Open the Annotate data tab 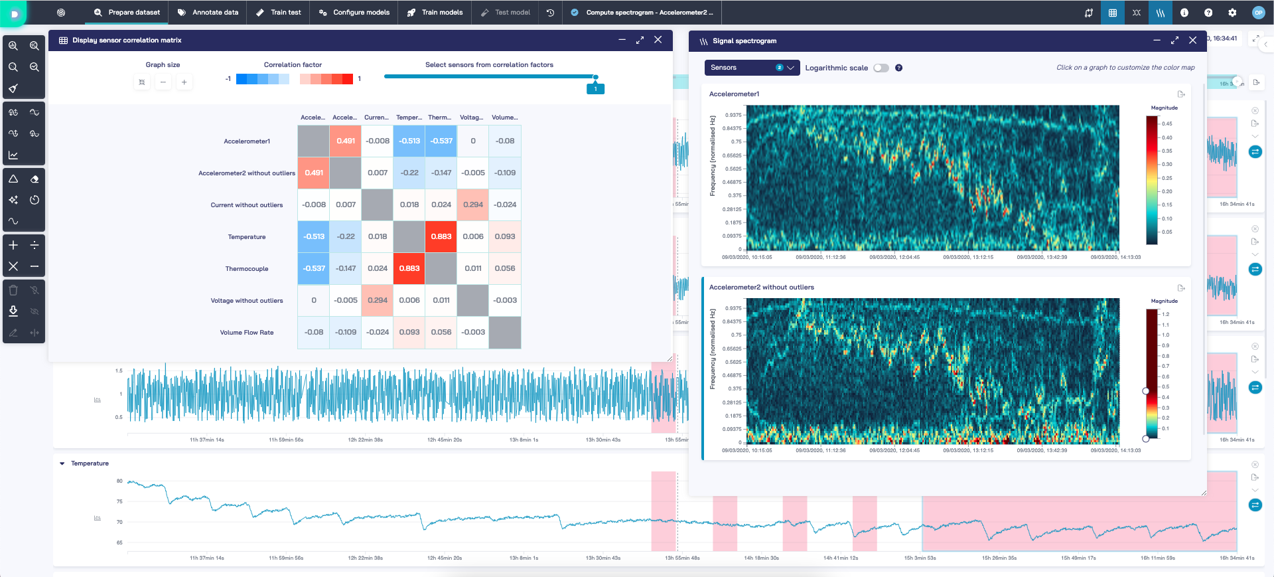(208, 13)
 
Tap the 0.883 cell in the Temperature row (441, 236)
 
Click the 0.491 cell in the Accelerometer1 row (346, 141)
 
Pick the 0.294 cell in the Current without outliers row (473, 205)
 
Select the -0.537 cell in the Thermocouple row (314, 268)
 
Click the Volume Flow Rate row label (247, 333)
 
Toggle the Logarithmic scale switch (881, 68)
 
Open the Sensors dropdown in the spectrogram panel (752, 68)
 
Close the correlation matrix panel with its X (658, 40)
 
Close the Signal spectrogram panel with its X (1192, 41)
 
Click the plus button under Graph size (184, 82)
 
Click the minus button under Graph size (163, 82)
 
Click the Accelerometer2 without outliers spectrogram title (761, 288)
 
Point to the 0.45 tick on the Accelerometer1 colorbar (1167, 124)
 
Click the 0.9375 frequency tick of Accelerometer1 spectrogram (733, 115)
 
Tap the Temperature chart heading (90, 463)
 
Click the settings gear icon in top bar (1232, 13)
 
